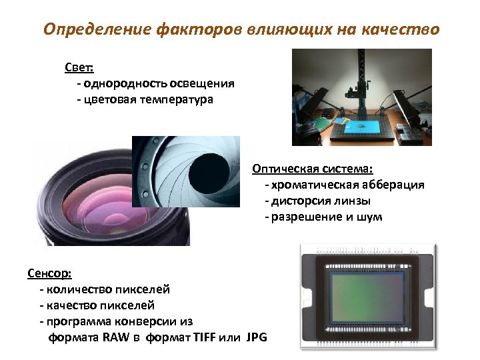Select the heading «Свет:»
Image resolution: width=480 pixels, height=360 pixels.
pyautogui.click(x=79, y=67)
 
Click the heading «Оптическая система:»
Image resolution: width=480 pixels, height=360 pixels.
pyautogui.click(x=312, y=169)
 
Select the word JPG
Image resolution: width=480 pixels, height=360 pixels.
pyautogui.click(x=256, y=337)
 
